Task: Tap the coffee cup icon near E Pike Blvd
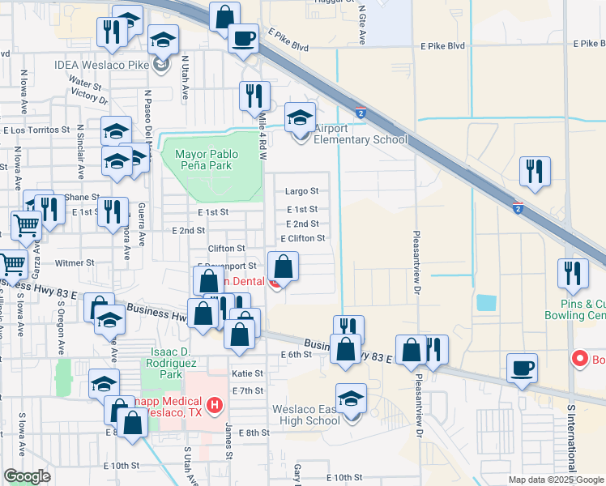coord(242,36)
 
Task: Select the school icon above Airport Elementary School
coord(300,119)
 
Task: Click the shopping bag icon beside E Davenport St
coord(284,265)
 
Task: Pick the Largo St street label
coord(302,192)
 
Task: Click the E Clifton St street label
coord(303,239)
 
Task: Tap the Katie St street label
coord(248,373)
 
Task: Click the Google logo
coord(28,476)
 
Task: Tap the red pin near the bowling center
coord(580,357)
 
